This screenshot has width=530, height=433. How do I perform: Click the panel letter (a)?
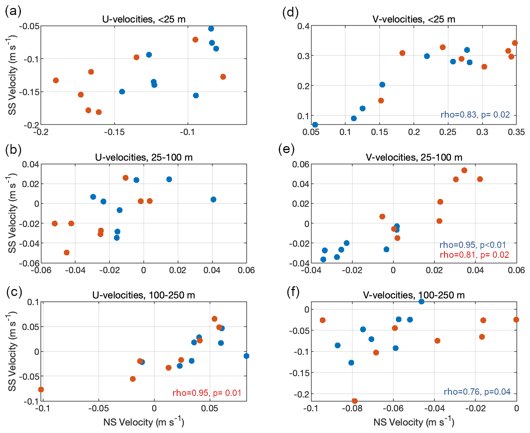pos(13,11)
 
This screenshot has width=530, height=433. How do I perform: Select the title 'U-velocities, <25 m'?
pos(144,19)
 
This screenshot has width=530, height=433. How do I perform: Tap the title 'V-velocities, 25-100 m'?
pos(414,157)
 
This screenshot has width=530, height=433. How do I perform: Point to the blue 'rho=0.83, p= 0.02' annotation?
pos(475,115)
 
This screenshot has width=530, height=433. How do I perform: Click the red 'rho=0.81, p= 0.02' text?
pos(474,255)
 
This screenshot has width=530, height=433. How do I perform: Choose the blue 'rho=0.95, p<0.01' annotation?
pos(472,245)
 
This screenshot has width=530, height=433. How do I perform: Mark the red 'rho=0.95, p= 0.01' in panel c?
pos(207,393)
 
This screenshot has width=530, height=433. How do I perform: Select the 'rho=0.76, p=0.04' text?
pos(477,392)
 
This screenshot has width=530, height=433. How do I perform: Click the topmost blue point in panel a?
pos(211,29)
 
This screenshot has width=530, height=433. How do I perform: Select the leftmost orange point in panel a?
pos(56,81)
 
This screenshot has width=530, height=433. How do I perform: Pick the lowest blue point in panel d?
pos(315,125)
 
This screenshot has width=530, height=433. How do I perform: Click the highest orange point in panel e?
pos(464,171)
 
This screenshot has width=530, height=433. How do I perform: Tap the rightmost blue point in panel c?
pos(246,356)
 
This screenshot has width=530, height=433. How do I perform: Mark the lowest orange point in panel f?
pos(355,401)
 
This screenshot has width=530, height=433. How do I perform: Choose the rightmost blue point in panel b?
pos(213,200)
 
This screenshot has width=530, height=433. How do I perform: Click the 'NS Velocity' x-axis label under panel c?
pos(144,422)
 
